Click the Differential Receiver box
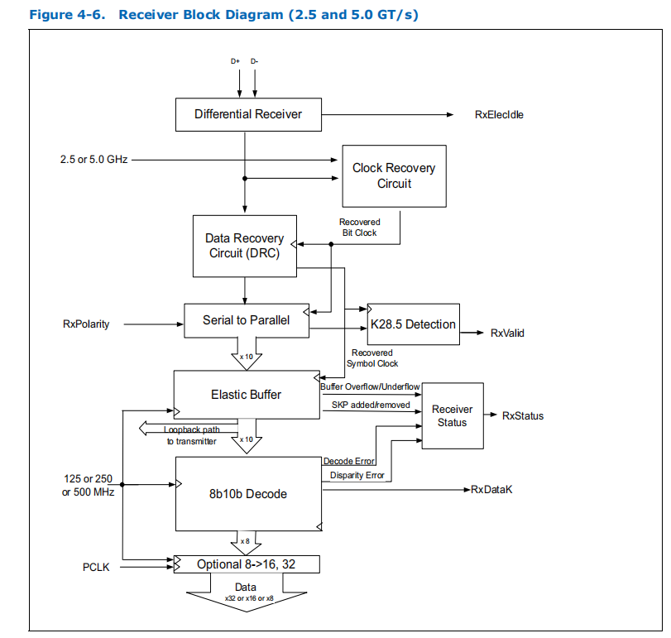(x=247, y=114)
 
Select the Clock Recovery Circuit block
(x=394, y=175)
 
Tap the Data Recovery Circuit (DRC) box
(x=244, y=246)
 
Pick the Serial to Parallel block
(x=246, y=319)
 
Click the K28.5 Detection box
(x=412, y=324)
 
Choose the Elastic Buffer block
(x=246, y=395)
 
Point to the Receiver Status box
(x=453, y=415)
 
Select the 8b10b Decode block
(x=247, y=494)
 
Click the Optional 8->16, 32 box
(x=246, y=564)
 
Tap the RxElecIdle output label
(x=499, y=115)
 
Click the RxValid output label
(x=507, y=333)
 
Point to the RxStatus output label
(x=523, y=415)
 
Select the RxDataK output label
(x=492, y=490)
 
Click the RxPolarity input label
(x=86, y=324)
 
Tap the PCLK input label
(x=96, y=568)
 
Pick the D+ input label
(x=235, y=61)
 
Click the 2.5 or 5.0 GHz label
(x=93, y=159)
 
